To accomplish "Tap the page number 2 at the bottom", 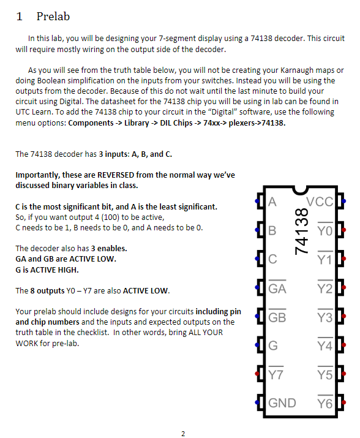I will (183, 434).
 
